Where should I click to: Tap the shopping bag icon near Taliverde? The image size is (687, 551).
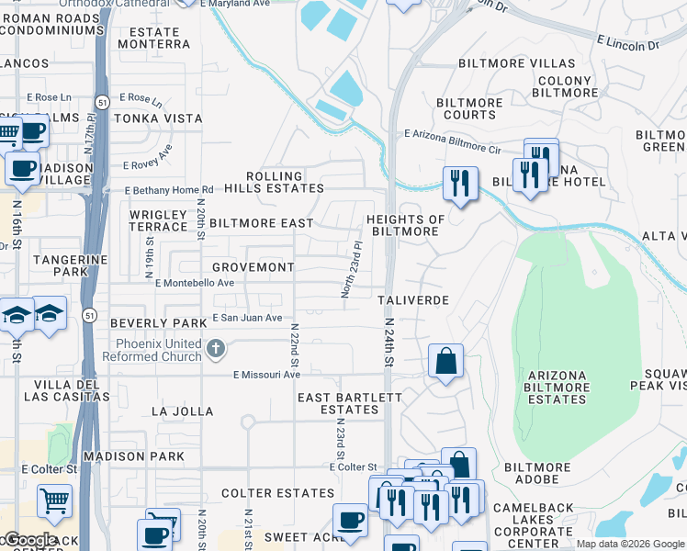[445, 361]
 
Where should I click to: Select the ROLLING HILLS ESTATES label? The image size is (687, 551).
[285, 182]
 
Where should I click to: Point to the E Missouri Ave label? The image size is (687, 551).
[266, 375]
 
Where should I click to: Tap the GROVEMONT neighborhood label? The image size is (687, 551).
[253, 267]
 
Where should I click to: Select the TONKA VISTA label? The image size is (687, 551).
[157, 118]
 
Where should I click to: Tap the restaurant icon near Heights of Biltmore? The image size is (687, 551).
[460, 183]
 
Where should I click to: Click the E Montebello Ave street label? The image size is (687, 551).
[195, 284]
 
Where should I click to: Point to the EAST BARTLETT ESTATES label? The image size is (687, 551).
[349, 403]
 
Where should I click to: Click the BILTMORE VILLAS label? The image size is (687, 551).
[517, 64]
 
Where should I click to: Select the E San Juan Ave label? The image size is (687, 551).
[247, 318]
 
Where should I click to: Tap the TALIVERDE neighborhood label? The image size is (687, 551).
[413, 300]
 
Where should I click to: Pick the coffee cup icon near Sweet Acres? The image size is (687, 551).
[349, 521]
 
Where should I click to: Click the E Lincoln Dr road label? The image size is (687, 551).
[627, 44]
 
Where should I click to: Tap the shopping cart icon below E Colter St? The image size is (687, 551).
[54, 501]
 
